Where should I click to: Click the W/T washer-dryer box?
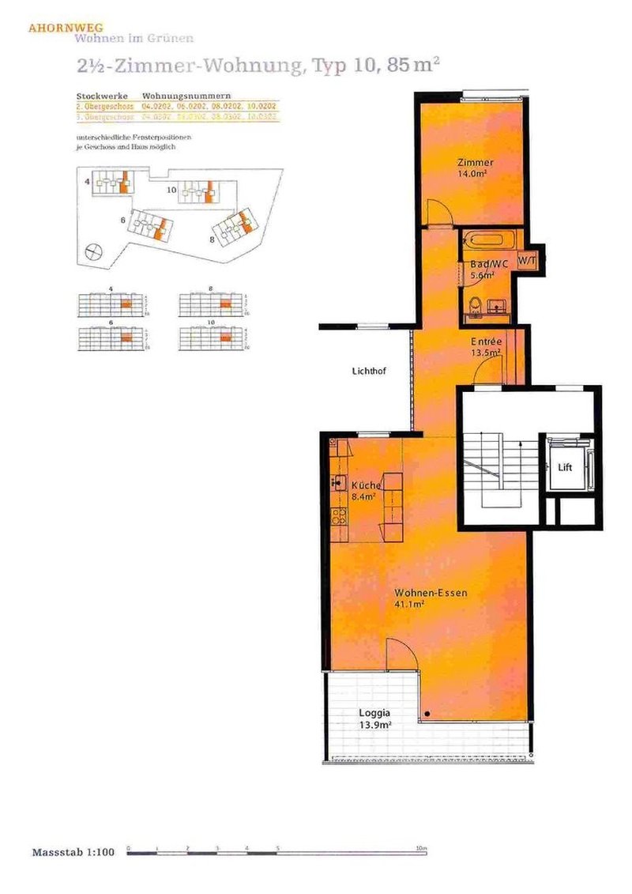(x=527, y=259)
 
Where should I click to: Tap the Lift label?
(x=565, y=467)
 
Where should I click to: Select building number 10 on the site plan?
(x=171, y=190)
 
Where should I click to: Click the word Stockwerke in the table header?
(x=96, y=95)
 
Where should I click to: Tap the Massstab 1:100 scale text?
(x=73, y=852)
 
